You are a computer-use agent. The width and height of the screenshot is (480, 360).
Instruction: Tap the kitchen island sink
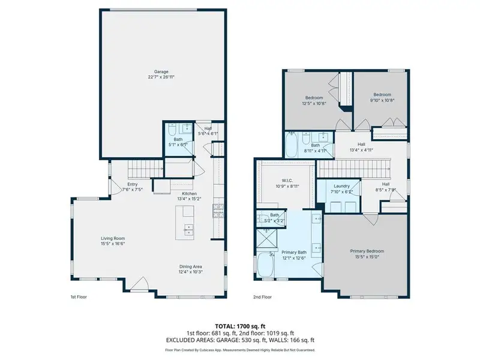tap(188, 227)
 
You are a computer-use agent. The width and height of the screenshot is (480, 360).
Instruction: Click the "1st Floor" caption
tap(79, 297)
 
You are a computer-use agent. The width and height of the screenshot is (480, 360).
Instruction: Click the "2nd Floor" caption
tap(263, 297)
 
